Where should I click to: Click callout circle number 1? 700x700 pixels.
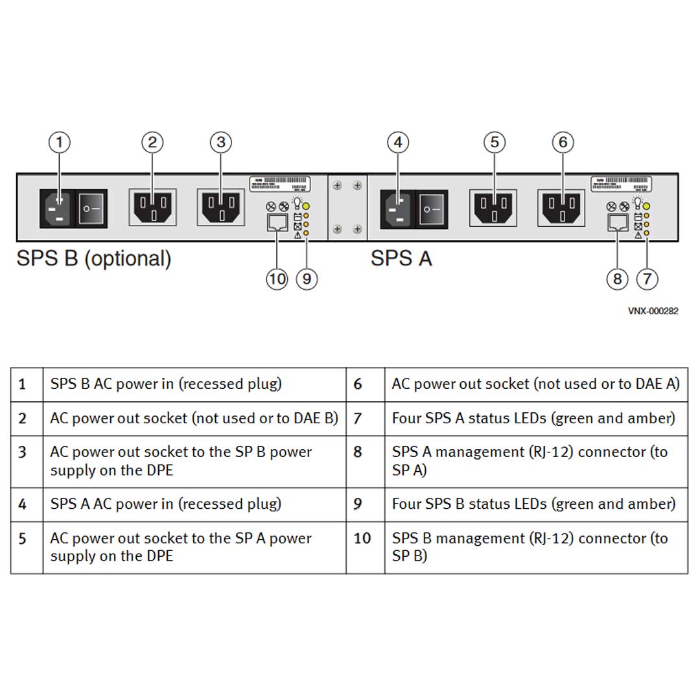[x=60, y=142]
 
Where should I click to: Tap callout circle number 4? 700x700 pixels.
[x=398, y=142]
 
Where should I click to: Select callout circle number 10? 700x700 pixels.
[x=277, y=279]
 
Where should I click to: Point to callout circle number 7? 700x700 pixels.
[x=647, y=279]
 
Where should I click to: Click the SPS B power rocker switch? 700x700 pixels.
[x=92, y=209]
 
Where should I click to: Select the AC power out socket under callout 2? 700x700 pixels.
[x=152, y=207]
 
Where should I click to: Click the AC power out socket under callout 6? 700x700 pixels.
[x=562, y=208]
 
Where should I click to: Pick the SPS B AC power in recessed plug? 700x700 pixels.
[x=58, y=209]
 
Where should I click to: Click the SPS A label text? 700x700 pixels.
[x=401, y=259]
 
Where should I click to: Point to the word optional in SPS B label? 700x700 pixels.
[x=128, y=259]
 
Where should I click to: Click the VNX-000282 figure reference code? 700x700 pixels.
[x=653, y=311]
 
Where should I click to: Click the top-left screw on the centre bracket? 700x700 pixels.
[x=337, y=186]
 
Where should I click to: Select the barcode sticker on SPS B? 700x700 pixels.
[x=279, y=182]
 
